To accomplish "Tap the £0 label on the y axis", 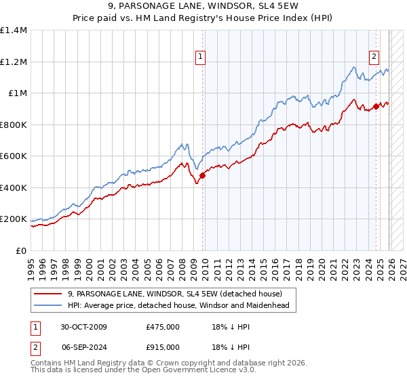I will point(22,251).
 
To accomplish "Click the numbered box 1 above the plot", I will point(201,57).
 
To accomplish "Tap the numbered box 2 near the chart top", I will point(374,57).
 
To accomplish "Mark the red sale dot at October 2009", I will point(202,176).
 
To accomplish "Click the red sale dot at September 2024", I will point(376,106).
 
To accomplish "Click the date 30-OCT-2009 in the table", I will point(83,327).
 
